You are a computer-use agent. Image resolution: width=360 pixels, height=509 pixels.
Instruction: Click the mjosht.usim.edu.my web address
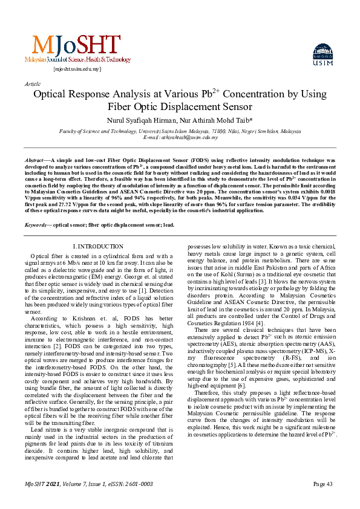pos(77,70)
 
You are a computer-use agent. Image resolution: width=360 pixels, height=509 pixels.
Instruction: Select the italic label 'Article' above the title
pos(33,83)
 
